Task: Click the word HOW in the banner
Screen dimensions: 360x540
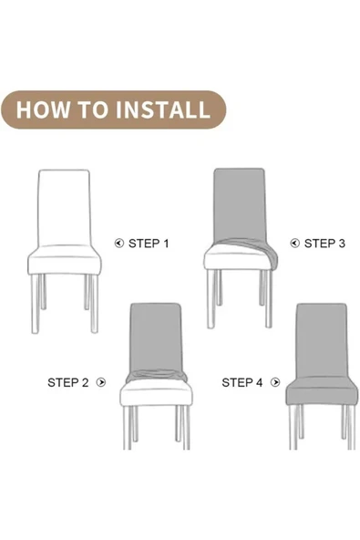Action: coord(43,109)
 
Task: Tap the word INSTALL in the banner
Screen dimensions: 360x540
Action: coord(163,109)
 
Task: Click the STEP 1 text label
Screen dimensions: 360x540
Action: coord(149,244)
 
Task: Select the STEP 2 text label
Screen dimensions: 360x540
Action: coord(68,382)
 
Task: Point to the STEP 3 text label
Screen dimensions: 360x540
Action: coord(324,244)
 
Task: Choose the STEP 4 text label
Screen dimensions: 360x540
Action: coord(242,382)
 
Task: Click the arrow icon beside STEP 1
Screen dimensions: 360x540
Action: coord(119,244)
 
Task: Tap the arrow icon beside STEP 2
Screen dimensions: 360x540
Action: coord(101,382)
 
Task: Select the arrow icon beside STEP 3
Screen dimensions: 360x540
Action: coord(295,244)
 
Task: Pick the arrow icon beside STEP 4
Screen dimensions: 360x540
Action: coord(275,382)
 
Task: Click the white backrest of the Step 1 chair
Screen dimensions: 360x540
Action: coord(65,208)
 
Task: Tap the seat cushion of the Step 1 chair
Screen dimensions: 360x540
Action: coord(65,261)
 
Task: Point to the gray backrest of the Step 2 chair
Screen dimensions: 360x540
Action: coord(155,337)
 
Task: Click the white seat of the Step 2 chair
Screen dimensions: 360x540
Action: coord(156,393)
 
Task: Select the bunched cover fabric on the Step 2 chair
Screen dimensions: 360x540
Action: coord(157,376)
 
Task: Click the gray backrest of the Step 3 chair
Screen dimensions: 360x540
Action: coord(240,204)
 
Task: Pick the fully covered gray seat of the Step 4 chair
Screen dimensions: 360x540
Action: coord(322,391)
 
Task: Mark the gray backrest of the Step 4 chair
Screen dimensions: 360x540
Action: coord(323,340)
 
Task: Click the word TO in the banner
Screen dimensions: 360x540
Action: coord(92,109)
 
